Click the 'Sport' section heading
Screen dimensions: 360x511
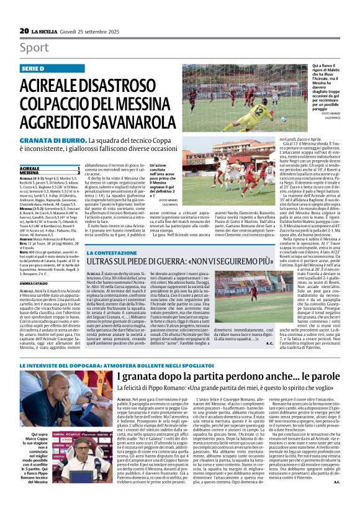(34, 48)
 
